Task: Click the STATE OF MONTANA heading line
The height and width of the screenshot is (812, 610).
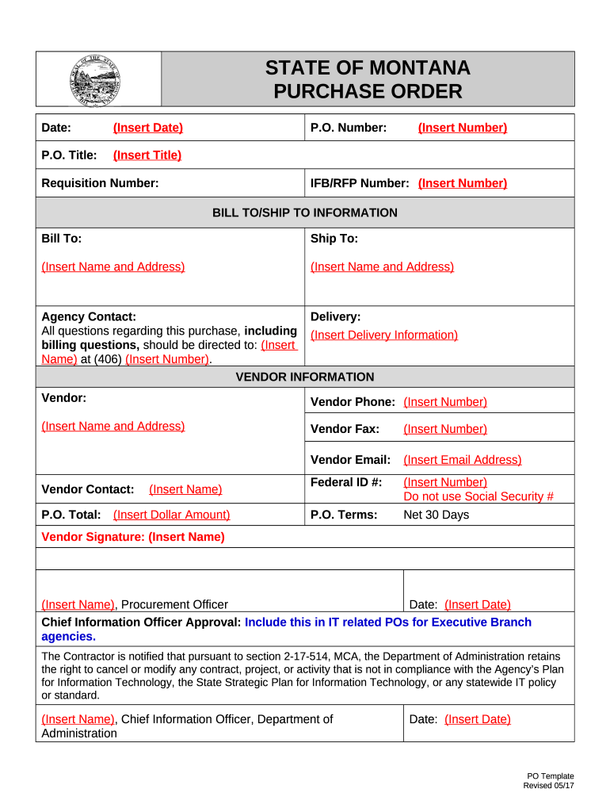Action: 367,68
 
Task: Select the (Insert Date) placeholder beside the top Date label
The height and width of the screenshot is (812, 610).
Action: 147,128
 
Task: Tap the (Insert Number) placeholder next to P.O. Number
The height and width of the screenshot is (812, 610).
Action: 462,128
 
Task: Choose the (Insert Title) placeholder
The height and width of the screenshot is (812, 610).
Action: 147,155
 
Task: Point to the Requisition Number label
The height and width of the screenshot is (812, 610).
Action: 100,183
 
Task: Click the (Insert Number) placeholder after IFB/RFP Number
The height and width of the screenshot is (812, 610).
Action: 462,183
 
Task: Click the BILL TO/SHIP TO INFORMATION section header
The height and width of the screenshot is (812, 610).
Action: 305,213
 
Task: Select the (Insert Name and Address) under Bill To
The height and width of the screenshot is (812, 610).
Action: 112,266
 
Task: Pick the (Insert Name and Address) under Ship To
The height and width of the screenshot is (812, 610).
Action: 382,266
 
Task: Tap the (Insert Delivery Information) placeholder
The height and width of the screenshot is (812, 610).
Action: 384,335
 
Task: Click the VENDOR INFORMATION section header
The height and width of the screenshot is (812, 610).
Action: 305,377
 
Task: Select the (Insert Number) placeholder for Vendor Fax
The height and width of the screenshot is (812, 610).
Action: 444,429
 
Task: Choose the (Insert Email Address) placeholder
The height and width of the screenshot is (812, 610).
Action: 462,460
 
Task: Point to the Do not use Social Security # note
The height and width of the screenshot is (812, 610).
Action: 478,496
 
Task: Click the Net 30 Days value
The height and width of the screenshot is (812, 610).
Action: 436,515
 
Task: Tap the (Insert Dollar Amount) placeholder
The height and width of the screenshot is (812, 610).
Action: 171,515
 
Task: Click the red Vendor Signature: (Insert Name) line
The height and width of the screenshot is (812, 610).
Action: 133,537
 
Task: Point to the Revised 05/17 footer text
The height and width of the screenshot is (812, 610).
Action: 548,786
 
